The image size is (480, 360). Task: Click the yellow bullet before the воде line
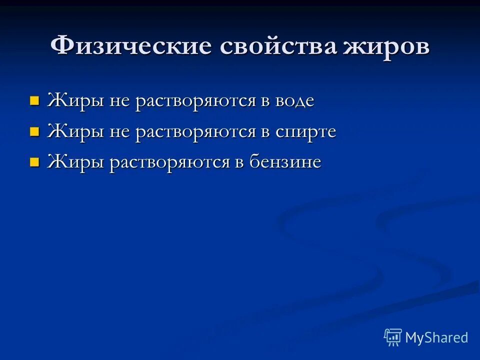(34, 101)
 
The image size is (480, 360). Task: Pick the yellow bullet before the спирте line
(34, 132)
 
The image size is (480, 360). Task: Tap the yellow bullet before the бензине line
(34, 162)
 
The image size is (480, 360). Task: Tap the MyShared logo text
(436, 337)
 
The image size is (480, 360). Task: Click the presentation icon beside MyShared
(393, 337)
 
